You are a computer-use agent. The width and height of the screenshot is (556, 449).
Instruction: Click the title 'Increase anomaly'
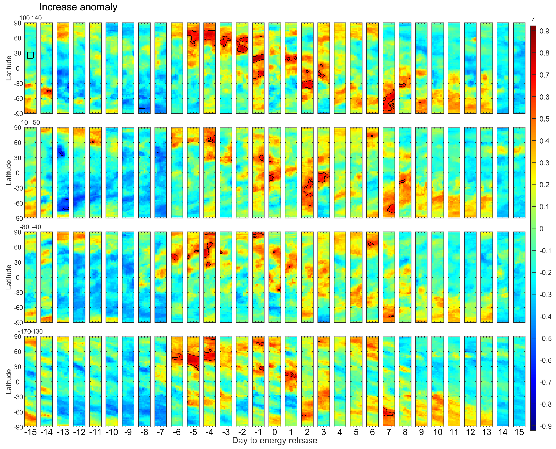[78, 7]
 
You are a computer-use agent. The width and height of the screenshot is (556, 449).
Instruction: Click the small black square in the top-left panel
[30, 55]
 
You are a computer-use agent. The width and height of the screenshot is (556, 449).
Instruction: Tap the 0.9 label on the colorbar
[544, 31]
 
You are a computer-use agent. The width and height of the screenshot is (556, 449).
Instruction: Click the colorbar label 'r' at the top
[533, 19]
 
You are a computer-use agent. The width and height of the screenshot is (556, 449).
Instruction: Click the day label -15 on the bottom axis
[30, 432]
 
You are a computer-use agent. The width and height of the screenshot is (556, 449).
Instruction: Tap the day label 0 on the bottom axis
[275, 432]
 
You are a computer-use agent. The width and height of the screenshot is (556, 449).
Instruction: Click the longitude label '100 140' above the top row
[30, 18]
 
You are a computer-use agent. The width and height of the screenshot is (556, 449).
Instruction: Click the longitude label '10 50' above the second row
[30, 123]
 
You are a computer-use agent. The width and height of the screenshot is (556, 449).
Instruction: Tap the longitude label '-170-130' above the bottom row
[30, 331]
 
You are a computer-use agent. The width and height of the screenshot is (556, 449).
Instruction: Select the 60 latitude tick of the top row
[18, 38]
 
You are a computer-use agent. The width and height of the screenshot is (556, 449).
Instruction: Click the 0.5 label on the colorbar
[544, 119]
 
